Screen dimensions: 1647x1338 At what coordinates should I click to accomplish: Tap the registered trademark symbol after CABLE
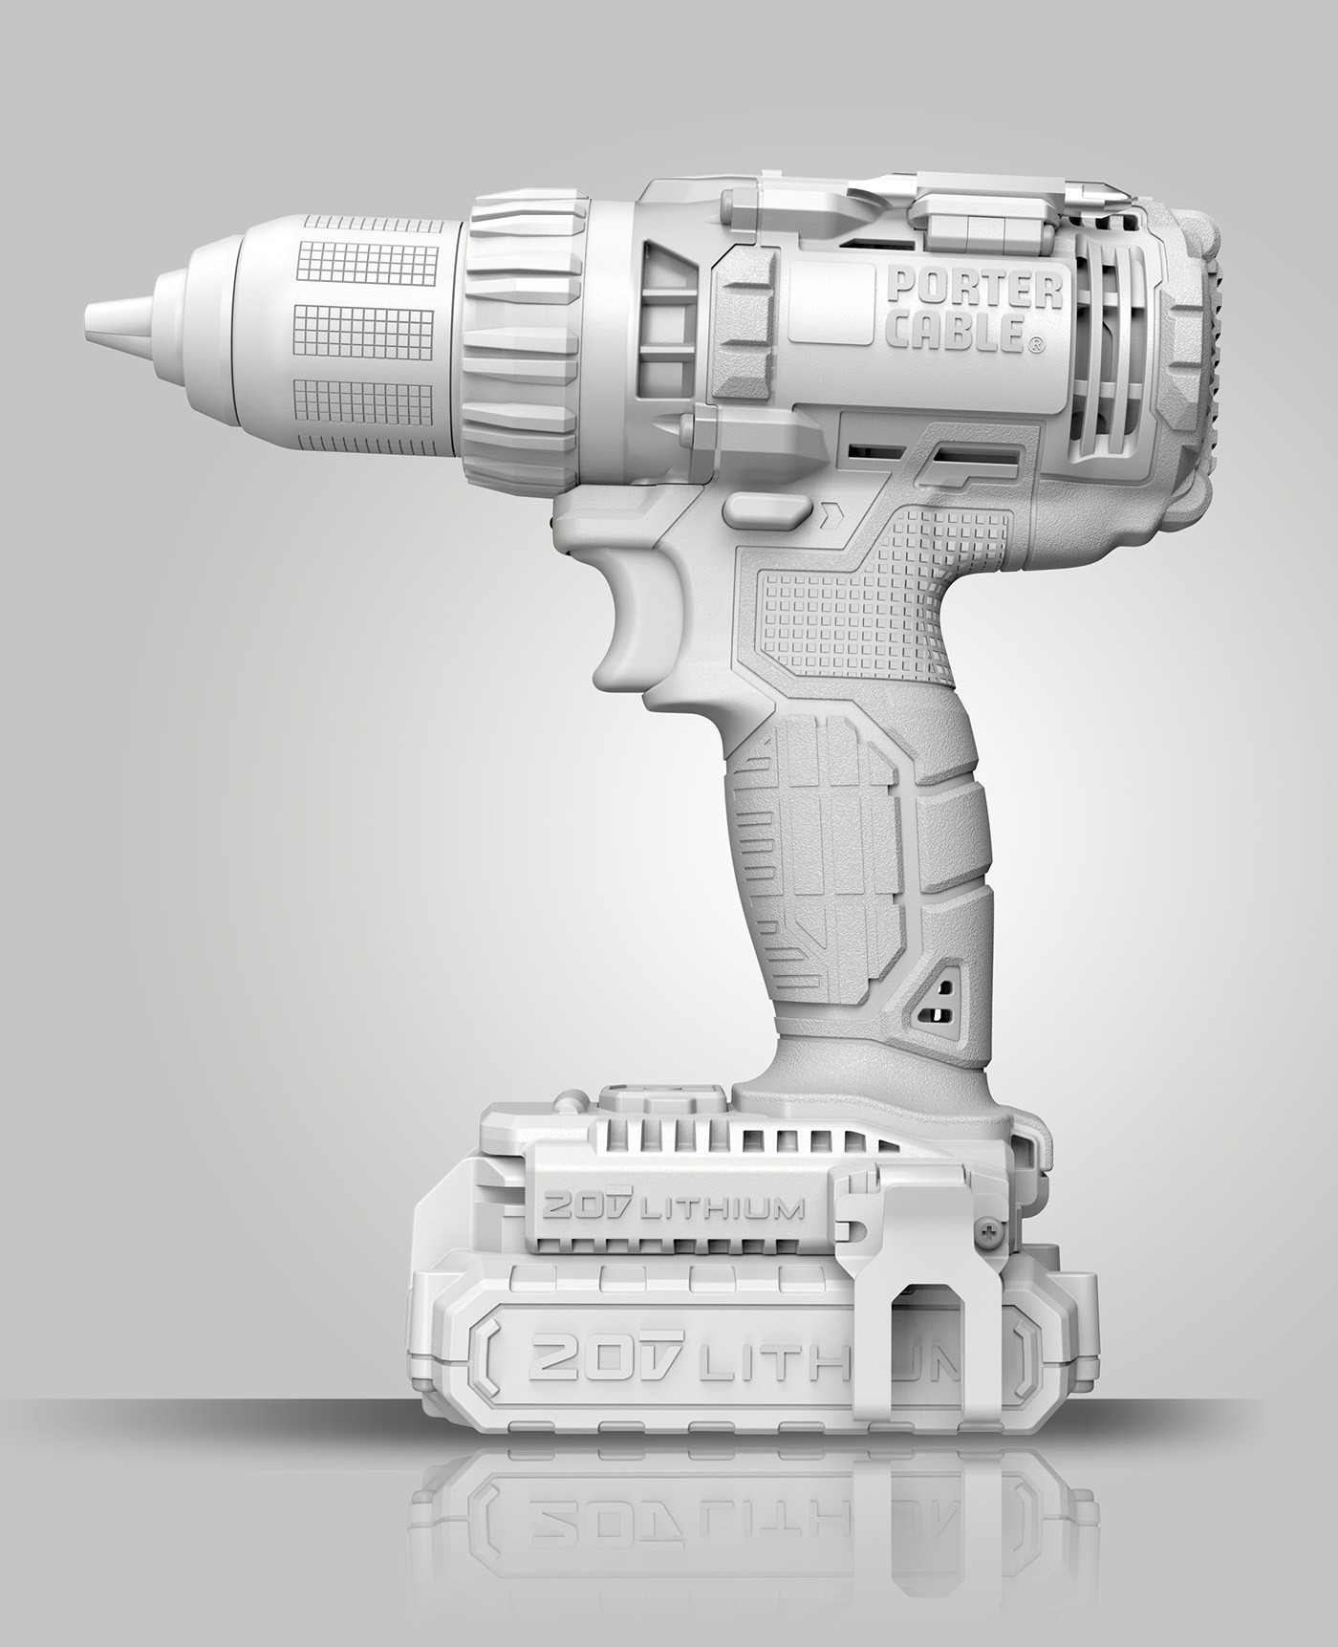[x=1035, y=345]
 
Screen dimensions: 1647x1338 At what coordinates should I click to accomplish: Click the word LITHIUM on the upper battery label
[x=719, y=1210]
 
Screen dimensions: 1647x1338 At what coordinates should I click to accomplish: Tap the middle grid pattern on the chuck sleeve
[x=363, y=331]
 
